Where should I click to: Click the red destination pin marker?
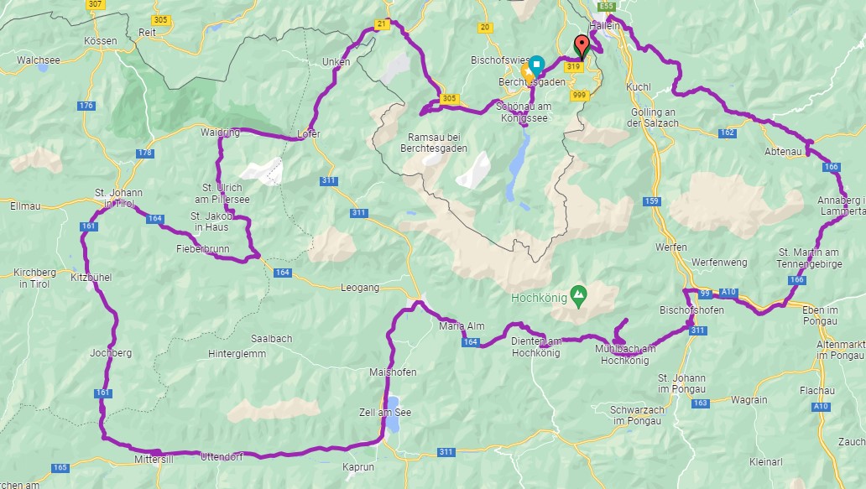coord(582,45)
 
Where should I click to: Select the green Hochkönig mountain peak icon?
coord(578,294)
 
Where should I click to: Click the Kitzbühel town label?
coord(91,277)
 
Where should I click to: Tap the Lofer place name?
coord(309,134)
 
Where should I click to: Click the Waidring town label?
coord(220,133)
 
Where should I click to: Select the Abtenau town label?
coord(785,151)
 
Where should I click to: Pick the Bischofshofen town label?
coord(691,310)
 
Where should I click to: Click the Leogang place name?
coord(359,287)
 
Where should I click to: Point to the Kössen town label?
coord(101,40)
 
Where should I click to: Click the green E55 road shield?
coord(607,6)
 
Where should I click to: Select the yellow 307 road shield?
coord(95,4)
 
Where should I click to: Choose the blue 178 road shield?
coord(145,153)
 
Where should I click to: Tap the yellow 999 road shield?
coord(578,95)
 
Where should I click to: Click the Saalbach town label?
coord(271,339)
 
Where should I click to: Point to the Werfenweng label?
coord(718,263)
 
